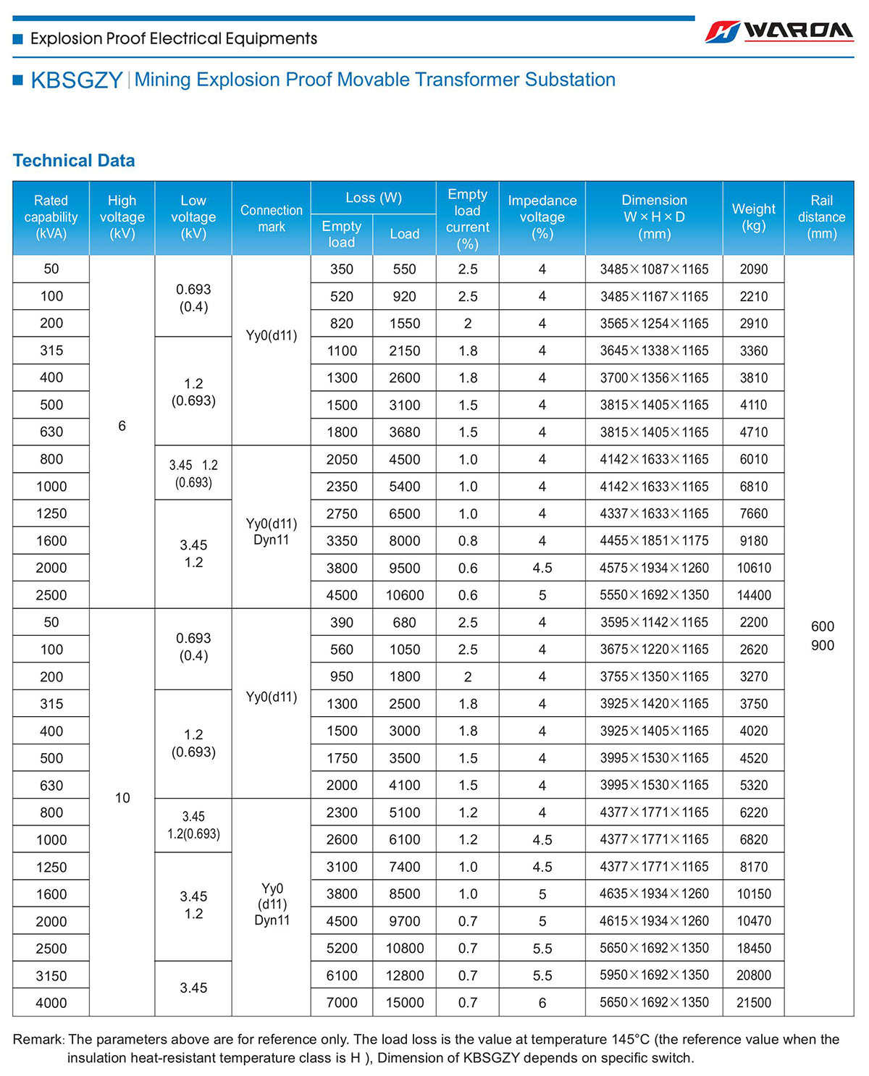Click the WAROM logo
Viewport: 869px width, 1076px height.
pos(779,31)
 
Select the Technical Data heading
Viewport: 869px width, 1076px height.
pos(74,161)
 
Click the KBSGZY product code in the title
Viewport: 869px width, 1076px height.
pos(77,80)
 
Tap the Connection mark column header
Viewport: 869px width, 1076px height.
pos(272,218)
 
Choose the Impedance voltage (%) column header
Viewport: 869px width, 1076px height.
pos(542,217)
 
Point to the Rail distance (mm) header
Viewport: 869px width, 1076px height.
pos(821,217)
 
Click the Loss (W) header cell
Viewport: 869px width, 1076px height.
pos(374,198)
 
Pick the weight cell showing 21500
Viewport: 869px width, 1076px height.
pos(754,1003)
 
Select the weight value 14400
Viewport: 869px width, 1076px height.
pos(754,595)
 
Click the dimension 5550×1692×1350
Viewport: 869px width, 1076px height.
pos(654,595)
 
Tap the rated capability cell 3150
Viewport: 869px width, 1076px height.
pos(51,975)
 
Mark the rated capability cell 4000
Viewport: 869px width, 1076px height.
pos(51,1003)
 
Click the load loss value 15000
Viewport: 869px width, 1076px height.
pos(405,1003)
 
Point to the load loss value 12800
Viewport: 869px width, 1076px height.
pos(405,975)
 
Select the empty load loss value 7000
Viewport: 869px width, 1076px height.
pos(342,1003)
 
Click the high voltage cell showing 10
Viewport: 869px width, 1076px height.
pos(122,798)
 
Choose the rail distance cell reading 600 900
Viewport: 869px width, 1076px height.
pos(822,636)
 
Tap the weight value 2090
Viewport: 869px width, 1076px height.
pos(754,269)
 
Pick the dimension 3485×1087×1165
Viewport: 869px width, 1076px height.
pos(654,269)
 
